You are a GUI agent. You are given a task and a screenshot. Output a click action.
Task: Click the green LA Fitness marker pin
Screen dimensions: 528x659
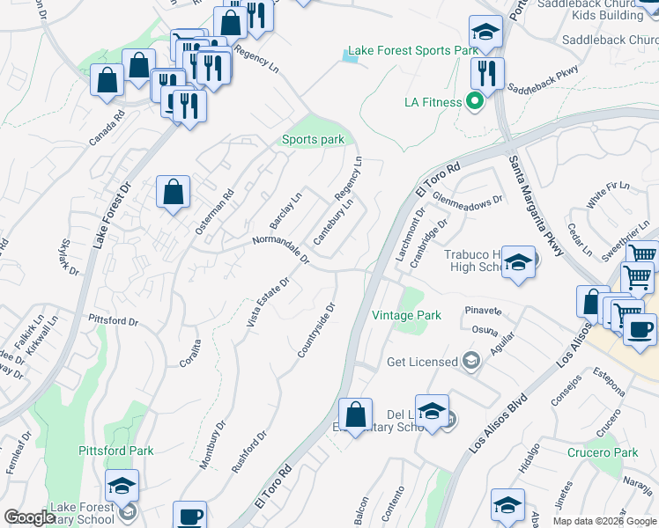tap(475, 102)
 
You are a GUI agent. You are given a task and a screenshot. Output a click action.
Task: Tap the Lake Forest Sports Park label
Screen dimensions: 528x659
tap(412, 51)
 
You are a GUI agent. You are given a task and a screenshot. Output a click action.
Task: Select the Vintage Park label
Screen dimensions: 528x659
tap(406, 315)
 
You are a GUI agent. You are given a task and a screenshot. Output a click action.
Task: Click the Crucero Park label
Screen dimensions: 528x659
tap(603, 452)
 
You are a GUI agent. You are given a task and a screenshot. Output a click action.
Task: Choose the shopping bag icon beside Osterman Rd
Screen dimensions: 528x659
tap(174, 192)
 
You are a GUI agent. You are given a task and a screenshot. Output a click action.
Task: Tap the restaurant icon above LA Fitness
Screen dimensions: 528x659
tap(484, 74)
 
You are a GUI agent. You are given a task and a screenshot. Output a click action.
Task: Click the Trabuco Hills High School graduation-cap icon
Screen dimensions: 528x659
tap(519, 262)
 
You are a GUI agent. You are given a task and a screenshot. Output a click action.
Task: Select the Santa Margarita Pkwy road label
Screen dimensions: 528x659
tap(536, 205)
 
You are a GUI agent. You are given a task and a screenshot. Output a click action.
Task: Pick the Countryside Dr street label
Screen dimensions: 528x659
tap(317, 331)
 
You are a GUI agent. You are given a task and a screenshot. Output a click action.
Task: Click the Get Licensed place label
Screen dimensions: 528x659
tap(423, 362)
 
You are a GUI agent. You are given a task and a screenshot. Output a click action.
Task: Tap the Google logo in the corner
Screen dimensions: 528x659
tap(29, 517)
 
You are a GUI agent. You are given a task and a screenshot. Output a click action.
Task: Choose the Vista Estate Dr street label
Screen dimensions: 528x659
tap(268, 304)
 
